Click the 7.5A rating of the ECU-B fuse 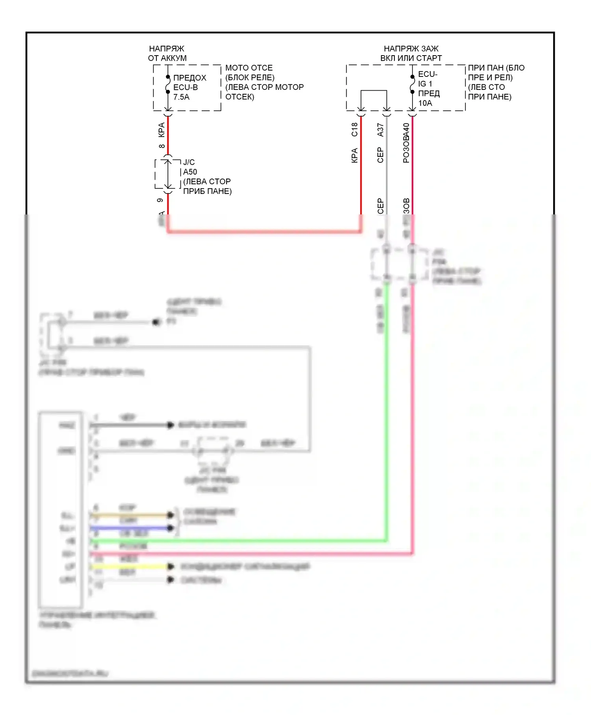[181, 97]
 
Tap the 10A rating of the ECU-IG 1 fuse [425, 103]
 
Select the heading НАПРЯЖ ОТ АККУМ [167, 53]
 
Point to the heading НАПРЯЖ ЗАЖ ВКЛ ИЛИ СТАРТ [411, 53]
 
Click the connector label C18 [355, 130]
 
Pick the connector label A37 [380, 130]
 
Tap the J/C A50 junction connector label [190, 167]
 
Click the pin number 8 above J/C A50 [162, 146]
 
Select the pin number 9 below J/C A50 [160, 200]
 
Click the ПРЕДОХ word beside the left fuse [190, 78]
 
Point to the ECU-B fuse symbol [168, 84]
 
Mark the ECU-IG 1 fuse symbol [413, 84]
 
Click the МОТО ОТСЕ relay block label [249, 68]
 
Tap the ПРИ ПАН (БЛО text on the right [496, 68]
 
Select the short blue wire [130, 528]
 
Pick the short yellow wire [130, 566]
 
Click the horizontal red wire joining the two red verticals [264, 231]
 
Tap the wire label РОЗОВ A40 [406, 143]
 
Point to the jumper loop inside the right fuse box [374, 91]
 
